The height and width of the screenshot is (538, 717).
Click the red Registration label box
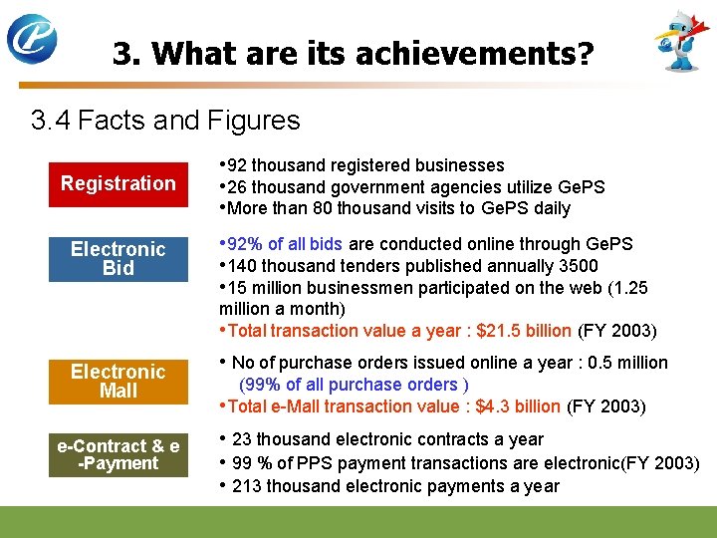click(x=118, y=183)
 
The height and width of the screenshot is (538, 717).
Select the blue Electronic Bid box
click(x=118, y=258)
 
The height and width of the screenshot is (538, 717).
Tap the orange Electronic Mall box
click(x=118, y=381)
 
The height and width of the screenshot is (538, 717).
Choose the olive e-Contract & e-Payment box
click(x=118, y=454)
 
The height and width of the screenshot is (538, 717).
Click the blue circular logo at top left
click(x=33, y=40)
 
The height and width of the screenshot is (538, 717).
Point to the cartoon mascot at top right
click(x=683, y=42)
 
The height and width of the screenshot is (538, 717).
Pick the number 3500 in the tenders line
click(x=579, y=266)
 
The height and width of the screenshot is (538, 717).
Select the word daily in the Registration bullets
click(x=552, y=208)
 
